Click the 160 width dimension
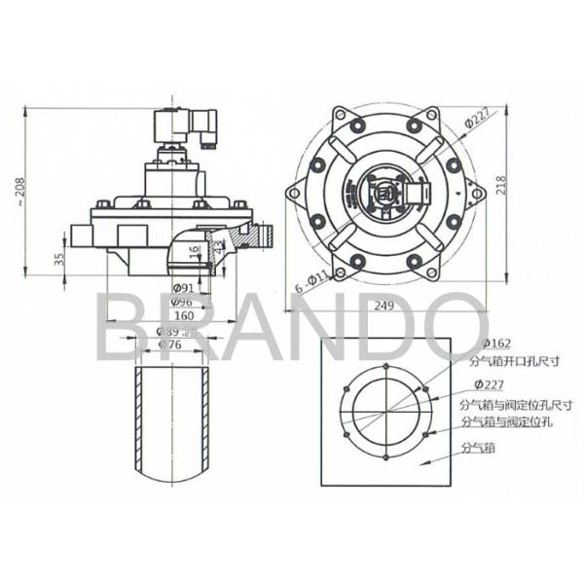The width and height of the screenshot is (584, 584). pos(182,316)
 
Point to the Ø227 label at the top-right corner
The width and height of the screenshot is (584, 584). pos(476,121)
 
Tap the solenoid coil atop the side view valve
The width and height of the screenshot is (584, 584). pos(175,128)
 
